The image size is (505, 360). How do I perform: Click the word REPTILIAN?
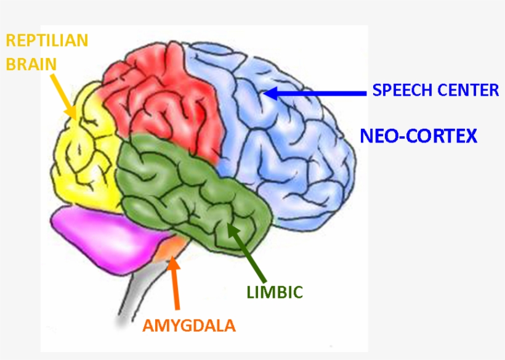[x=47, y=41]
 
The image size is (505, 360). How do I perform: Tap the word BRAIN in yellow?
[x=31, y=63]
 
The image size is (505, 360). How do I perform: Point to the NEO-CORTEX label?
[x=419, y=136]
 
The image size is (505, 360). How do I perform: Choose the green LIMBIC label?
[x=275, y=292]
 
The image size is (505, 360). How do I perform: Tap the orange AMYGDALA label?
[x=189, y=325]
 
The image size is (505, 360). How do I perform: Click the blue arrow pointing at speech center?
[x=320, y=93]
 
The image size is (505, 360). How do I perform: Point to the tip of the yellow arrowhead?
[x=76, y=118]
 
